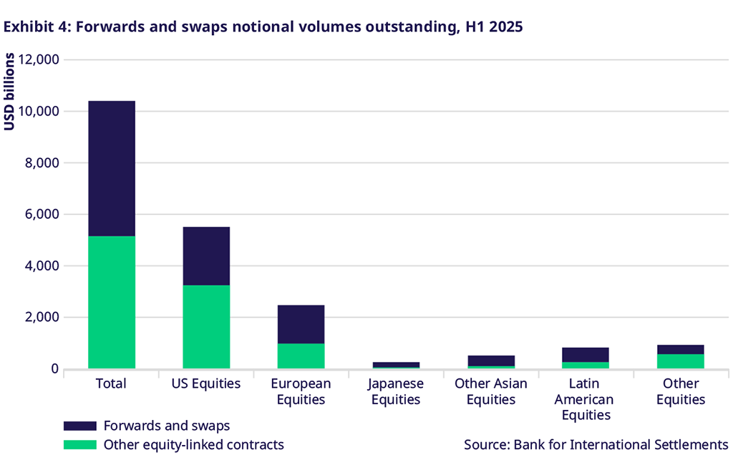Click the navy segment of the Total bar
(x=112, y=168)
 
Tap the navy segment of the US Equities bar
(x=206, y=256)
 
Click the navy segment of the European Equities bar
(x=301, y=324)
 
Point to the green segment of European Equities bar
(x=301, y=356)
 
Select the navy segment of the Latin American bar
(x=585, y=355)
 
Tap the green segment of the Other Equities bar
(x=680, y=361)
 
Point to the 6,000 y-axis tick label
(x=41, y=215)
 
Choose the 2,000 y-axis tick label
(x=41, y=318)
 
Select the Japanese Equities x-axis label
(x=396, y=391)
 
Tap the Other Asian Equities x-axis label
(x=491, y=391)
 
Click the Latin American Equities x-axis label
(x=586, y=399)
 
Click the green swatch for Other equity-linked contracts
(x=79, y=445)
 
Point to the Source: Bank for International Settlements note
(x=596, y=445)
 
